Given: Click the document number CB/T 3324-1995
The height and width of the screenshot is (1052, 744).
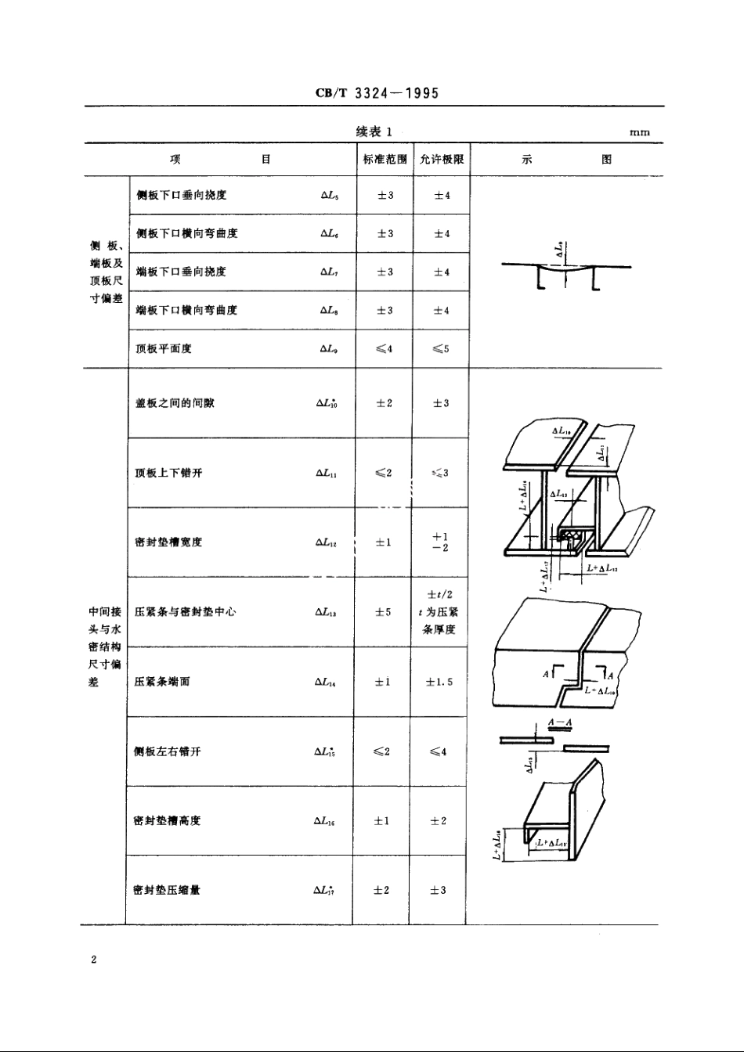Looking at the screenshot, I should click(377, 93).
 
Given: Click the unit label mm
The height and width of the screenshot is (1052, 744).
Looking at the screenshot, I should click(639, 133).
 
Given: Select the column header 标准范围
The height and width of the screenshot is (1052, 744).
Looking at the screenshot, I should click(385, 160).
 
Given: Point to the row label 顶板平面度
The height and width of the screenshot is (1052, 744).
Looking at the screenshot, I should click(164, 349).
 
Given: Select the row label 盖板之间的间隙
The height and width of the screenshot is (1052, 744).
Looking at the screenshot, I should click(175, 403).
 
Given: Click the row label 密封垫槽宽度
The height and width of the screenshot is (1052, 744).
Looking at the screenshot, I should click(169, 542).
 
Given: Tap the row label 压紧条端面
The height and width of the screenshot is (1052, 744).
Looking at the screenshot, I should click(163, 682).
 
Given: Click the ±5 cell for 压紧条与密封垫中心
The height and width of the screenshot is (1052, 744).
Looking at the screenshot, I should click(383, 612).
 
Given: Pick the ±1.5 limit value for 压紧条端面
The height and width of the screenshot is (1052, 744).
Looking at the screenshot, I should click(439, 682).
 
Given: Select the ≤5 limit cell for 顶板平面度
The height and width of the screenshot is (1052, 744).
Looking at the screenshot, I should click(441, 349).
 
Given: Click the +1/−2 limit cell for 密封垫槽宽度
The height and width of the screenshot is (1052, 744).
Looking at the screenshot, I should click(440, 542).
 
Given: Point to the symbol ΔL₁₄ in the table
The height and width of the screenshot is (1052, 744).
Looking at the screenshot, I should click(325, 682).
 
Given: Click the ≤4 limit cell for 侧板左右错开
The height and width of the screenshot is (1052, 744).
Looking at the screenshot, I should click(439, 751).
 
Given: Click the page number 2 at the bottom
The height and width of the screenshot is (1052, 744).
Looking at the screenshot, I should click(93, 960).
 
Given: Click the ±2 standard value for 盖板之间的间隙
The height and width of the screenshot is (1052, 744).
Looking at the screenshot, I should click(384, 403).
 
